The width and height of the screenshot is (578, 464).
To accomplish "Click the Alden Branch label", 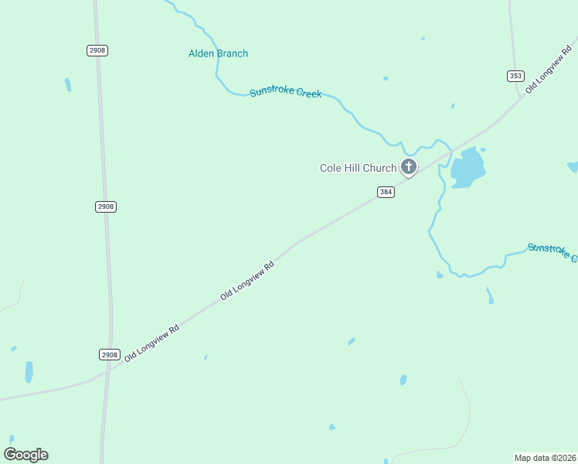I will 218,53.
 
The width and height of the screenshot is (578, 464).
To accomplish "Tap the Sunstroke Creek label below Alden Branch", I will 285,93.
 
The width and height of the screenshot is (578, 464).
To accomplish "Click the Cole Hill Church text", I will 358,168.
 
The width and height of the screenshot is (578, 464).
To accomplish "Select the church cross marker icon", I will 408,166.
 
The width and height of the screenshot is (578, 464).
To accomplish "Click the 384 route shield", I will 386,192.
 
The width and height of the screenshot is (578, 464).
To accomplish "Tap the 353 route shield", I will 515,76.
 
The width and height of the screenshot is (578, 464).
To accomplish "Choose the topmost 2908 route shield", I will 97,50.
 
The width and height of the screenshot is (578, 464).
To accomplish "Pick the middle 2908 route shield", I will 106,206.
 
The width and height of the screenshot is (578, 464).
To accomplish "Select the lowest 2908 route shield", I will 110,354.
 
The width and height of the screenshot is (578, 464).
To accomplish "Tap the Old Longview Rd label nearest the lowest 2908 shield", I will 151,344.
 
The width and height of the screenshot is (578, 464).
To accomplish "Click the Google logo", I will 26,455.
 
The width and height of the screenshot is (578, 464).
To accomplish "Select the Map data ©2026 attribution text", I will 545,457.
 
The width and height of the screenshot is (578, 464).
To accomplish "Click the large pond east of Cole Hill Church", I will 467,168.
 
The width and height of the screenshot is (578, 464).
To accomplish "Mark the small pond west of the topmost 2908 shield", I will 68,84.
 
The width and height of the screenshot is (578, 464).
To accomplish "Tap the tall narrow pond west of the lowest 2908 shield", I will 29,372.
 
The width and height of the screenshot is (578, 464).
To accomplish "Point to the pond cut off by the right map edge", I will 573,166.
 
